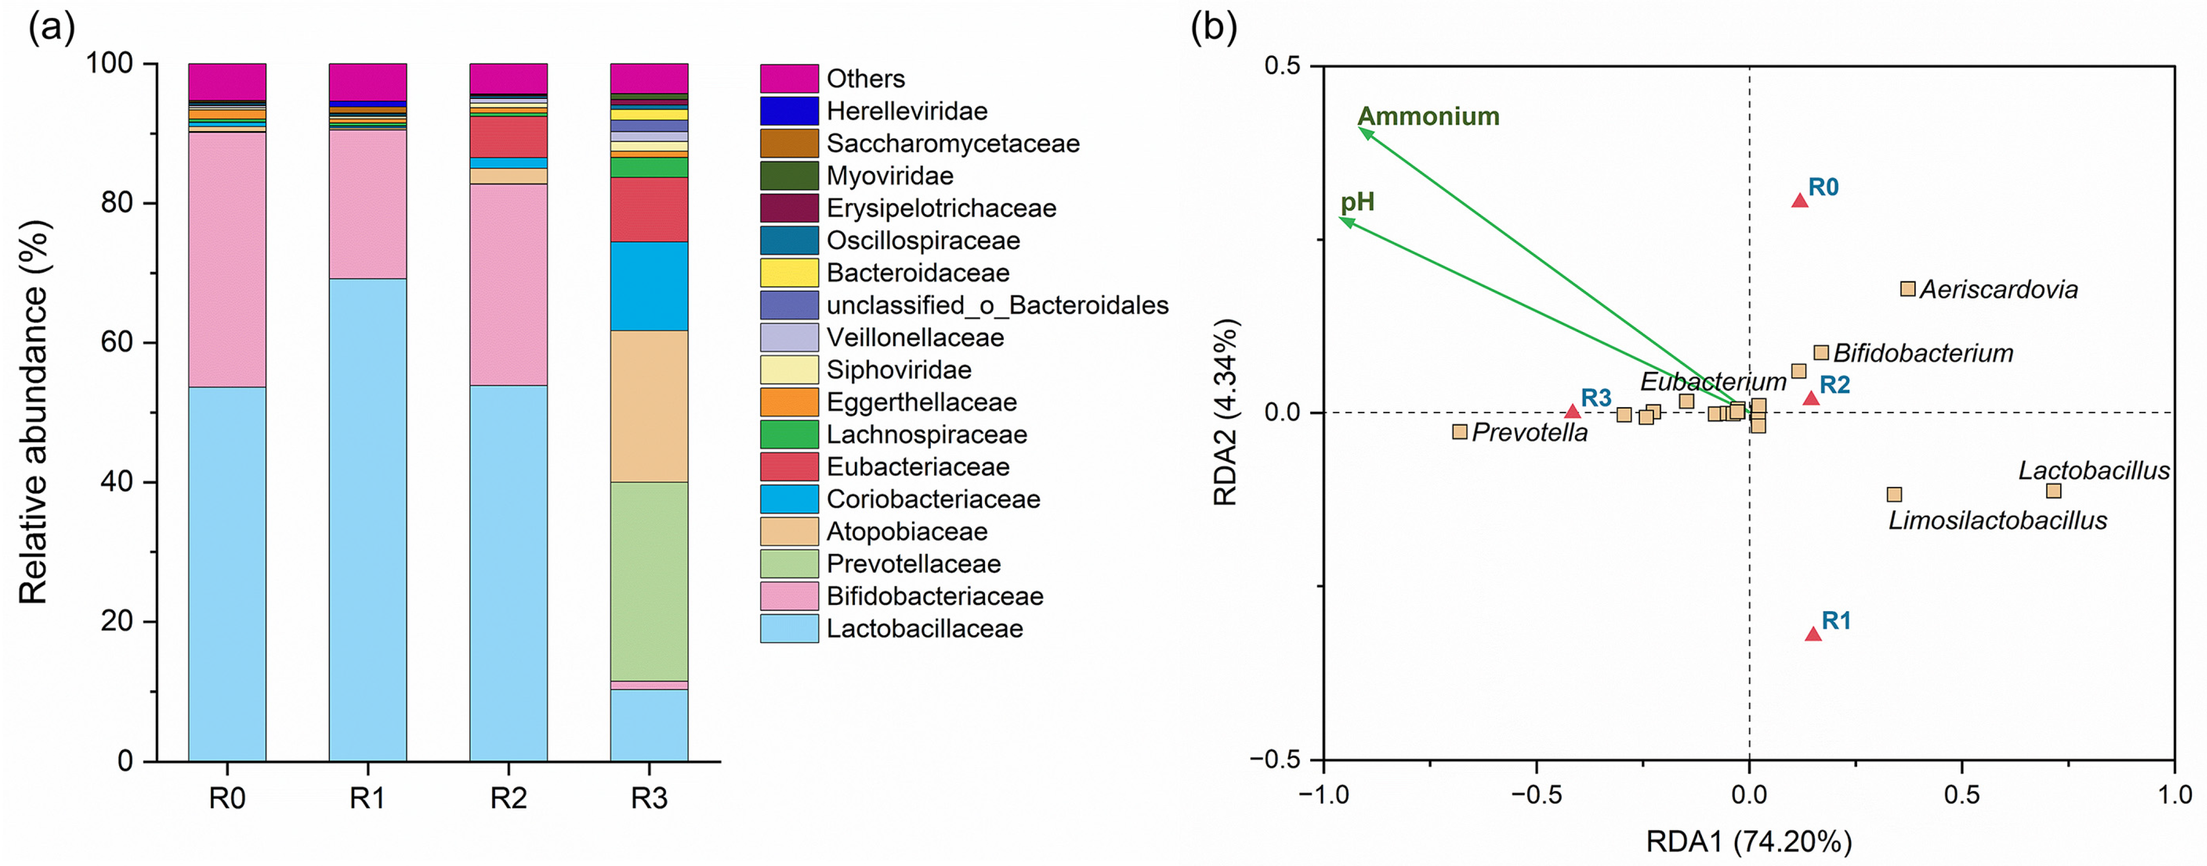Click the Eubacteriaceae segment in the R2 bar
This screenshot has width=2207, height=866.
click(x=508, y=137)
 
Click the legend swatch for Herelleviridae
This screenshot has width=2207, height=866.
click(x=788, y=111)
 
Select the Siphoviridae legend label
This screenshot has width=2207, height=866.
click(x=899, y=370)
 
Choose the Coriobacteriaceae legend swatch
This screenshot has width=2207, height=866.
click(x=788, y=499)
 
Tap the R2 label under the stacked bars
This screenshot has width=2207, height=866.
click(x=508, y=798)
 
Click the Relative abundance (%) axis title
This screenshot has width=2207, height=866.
click(x=34, y=411)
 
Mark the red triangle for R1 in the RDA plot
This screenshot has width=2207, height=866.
click(x=1813, y=634)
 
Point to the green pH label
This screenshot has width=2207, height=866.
click(x=1358, y=202)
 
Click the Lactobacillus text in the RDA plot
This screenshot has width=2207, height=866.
click(x=2093, y=471)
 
